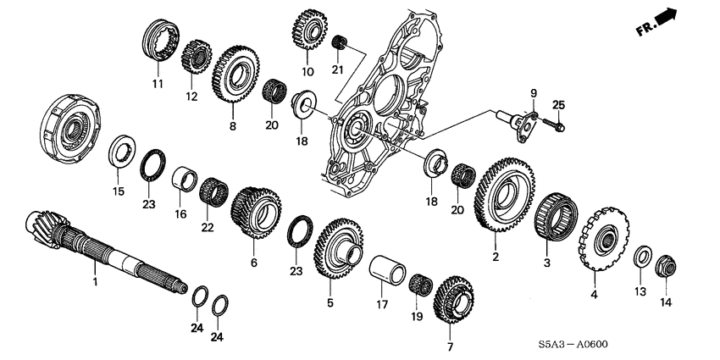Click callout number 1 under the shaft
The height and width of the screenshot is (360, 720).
(95, 280)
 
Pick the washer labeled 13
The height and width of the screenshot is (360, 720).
(642, 256)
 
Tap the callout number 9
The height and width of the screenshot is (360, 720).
(534, 93)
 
